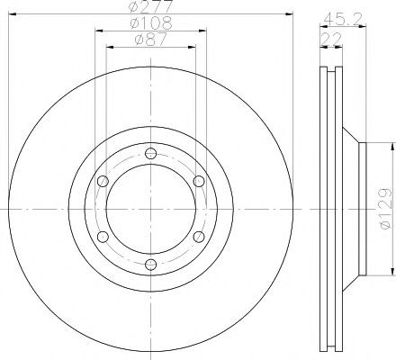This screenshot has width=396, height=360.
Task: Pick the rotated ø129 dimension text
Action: (384, 210)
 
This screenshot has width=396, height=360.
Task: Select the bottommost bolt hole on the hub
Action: (150, 264)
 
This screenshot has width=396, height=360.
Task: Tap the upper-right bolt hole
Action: (199, 180)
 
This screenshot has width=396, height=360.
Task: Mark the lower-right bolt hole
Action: (199, 236)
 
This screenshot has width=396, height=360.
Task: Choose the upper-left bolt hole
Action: (102, 180)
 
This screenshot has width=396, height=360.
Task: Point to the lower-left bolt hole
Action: (102, 236)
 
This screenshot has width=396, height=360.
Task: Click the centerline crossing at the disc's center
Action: (150, 208)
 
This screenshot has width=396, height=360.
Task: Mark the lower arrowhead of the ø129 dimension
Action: (392, 272)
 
